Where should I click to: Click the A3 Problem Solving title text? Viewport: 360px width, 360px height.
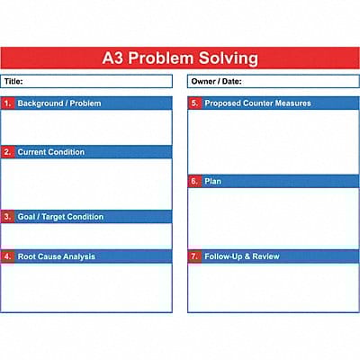coord(180,59)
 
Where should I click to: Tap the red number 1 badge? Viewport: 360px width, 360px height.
coord(8,103)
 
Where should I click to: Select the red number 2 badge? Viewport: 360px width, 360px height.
coord(8,152)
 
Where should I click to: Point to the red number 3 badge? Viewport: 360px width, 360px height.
coord(8,217)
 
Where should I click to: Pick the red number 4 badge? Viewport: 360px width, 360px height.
coord(8,256)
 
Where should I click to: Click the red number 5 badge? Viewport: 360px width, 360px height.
coord(194,103)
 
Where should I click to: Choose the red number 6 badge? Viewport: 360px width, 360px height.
coord(194,181)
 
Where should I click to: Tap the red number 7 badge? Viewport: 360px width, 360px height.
coord(194,256)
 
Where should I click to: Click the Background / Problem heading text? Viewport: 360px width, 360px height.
coord(59,103)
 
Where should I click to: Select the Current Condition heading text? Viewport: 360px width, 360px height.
coord(51,152)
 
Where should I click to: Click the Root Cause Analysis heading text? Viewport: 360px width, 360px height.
coord(56,256)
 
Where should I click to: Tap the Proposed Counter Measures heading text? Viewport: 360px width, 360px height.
coord(257,103)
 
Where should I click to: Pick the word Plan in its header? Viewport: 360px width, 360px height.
coord(213,181)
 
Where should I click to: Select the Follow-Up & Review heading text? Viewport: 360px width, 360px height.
coord(242,256)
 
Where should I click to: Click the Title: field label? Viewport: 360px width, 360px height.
coord(13,81)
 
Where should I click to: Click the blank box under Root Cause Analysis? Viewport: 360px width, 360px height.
coord(86,287)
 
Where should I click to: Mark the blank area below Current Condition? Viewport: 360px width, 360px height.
coord(86,184)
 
